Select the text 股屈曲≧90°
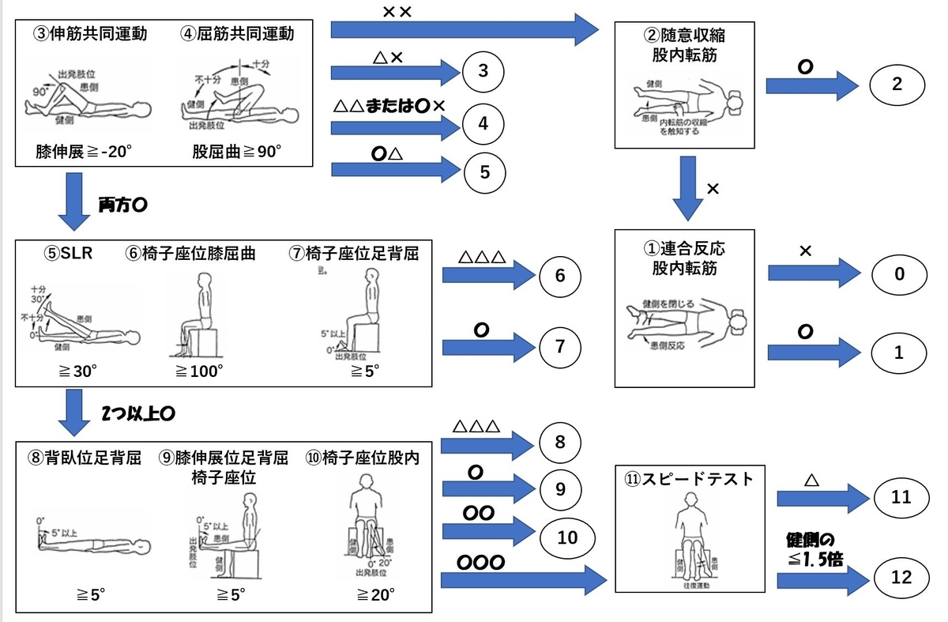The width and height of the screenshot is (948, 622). pos(237,152)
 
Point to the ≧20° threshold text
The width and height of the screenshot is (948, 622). pos(375,594)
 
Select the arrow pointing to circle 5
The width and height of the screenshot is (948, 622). pos(395,168)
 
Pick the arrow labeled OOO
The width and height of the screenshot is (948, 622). pos(521,581)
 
